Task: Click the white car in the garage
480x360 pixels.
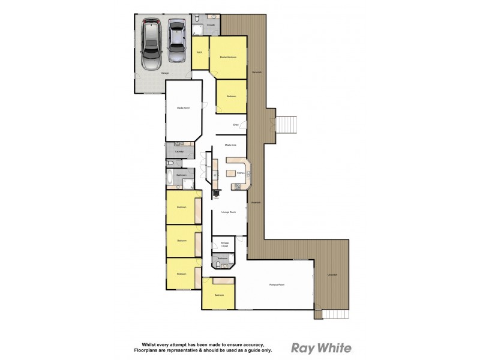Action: click(x=151, y=45)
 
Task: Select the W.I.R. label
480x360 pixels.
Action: click(x=200, y=53)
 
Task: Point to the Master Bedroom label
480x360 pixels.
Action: click(x=228, y=57)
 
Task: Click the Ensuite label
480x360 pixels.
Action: click(x=211, y=25)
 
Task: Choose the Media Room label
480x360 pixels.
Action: click(x=182, y=108)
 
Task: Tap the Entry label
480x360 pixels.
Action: click(x=236, y=125)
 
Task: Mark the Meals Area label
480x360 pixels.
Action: click(x=230, y=145)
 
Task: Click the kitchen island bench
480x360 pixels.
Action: click(x=230, y=173)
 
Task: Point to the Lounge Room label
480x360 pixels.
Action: click(x=227, y=212)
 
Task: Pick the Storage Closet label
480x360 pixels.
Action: click(x=224, y=244)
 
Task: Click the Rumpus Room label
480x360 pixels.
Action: click(x=277, y=284)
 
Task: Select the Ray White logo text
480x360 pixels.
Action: click(x=321, y=348)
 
